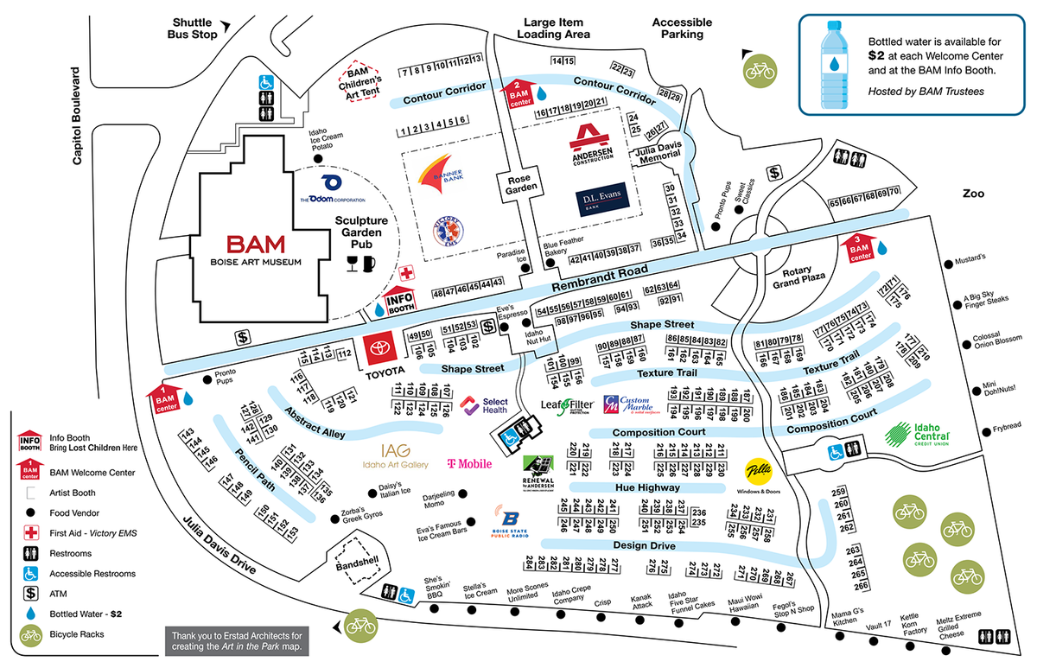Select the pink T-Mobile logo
(x=469, y=464)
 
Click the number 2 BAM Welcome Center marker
(x=519, y=92)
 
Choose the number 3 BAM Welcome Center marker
(x=860, y=247)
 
